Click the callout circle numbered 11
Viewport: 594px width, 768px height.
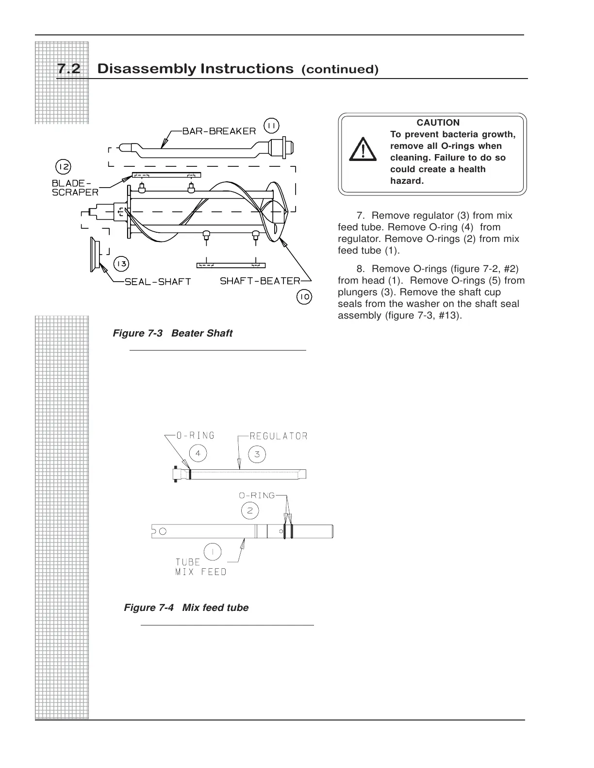point(271,126)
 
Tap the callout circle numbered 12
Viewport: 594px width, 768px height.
point(63,167)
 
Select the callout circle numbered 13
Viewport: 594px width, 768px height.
point(121,264)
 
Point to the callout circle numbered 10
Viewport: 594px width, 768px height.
point(304,297)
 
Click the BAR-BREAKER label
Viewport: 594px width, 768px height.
point(219,131)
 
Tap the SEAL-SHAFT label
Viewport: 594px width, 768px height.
point(158,282)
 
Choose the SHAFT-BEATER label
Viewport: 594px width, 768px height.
point(260,281)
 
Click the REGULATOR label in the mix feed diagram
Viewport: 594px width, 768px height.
point(278,436)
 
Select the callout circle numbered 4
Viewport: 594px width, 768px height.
point(198,454)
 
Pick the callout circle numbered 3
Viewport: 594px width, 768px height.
point(257,454)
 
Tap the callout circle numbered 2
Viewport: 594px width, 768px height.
point(250,511)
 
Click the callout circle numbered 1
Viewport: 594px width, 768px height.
point(213,552)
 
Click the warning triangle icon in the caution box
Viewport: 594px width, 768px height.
point(363,149)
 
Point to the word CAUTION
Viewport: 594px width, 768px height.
point(438,123)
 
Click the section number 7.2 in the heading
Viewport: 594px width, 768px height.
point(69,69)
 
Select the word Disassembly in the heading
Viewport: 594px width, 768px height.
point(146,69)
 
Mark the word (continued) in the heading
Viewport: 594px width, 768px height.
point(340,70)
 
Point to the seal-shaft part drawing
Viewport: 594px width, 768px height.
point(93,254)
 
